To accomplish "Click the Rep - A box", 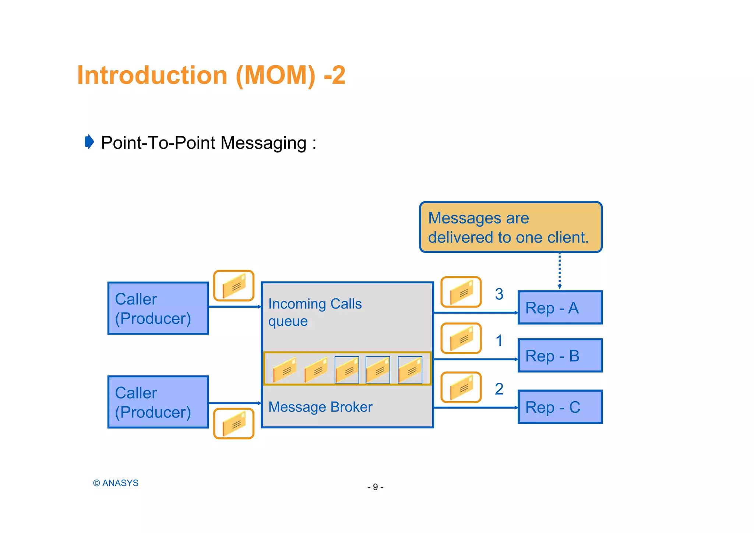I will pyautogui.click(x=560, y=307).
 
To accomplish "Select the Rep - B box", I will pyautogui.click(x=560, y=356).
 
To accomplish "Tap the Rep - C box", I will pyautogui.click(x=560, y=407).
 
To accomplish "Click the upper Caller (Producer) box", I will pyautogui.click(x=158, y=308).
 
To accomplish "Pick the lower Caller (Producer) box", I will pyautogui.click(x=158, y=402).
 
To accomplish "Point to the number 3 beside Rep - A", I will pyautogui.click(x=499, y=294).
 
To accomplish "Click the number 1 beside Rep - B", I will pyautogui.click(x=499, y=341).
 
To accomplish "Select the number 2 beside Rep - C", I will pyautogui.click(x=499, y=389).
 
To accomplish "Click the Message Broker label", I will pyautogui.click(x=320, y=407).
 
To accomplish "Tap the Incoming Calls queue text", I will pyautogui.click(x=315, y=312).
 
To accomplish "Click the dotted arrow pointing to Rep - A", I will pyautogui.click(x=559, y=271).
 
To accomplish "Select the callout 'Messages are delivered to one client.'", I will pyautogui.click(x=510, y=227).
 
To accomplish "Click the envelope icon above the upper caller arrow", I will pyautogui.click(x=234, y=286).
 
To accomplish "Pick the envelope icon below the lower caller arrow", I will pyautogui.click(x=234, y=424).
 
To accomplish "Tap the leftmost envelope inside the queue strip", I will pyautogui.click(x=285, y=369).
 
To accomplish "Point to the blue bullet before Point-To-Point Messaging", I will pyautogui.click(x=89, y=142).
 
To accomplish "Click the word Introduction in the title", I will pyautogui.click(x=152, y=75).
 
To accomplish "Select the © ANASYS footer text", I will pyautogui.click(x=116, y=483).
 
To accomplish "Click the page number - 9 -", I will pyautogui.click(x=375, y=487).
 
